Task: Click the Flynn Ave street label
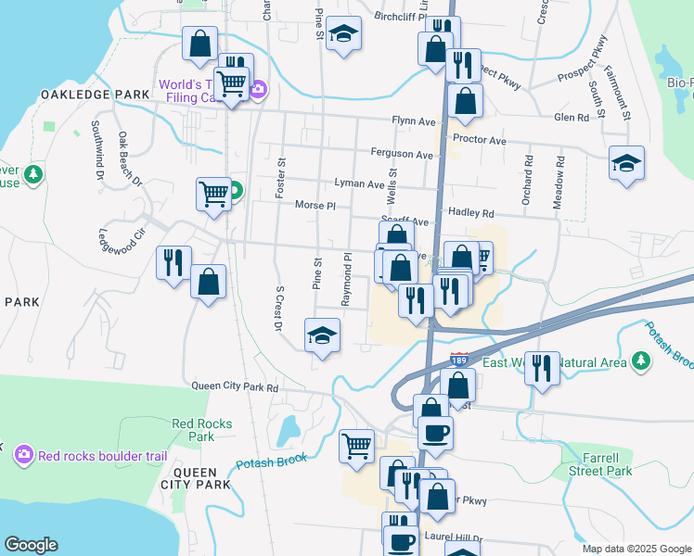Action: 413,121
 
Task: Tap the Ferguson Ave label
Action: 402,155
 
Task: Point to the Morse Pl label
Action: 315,205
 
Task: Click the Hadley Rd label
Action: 471,212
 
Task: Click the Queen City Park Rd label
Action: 235,387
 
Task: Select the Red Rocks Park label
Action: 201,430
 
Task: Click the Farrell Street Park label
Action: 600,464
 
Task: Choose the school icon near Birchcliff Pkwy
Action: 343,34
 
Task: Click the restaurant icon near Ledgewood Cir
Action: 173,262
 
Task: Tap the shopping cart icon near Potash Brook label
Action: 356,447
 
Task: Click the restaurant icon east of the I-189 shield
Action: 541,367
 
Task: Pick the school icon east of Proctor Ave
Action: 627,163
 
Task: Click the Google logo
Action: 32,545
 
